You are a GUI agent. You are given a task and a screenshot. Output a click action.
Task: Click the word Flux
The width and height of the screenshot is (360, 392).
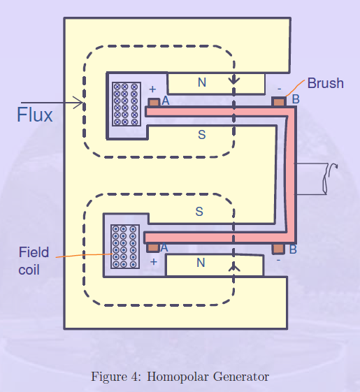point(34,115)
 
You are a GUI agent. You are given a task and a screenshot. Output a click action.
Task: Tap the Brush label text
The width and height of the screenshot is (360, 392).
point(325,83)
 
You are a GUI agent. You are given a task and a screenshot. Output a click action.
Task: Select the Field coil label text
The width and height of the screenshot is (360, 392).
point(34,260)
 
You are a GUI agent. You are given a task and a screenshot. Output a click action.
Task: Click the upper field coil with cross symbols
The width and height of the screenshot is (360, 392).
point(126,103)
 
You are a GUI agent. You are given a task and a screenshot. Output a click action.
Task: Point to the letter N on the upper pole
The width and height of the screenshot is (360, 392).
point(201,83)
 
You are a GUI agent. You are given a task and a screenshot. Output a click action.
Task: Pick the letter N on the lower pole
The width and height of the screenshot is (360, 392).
point(201,263)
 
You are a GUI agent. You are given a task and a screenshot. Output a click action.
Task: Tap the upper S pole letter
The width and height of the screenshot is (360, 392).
point(201,134)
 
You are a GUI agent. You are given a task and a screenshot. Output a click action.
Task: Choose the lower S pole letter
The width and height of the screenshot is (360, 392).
point(199,211)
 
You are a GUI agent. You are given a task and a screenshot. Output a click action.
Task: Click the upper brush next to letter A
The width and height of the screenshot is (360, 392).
point(153,102)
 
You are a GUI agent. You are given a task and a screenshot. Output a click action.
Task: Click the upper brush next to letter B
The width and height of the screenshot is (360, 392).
point(279,102)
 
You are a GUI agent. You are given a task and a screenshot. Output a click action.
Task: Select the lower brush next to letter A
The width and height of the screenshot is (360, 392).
point(153,247)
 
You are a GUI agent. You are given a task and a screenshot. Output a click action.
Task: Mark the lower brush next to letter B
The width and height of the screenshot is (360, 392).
point(278,248)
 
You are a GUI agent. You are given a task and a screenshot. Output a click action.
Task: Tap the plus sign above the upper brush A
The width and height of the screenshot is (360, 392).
point(152,89)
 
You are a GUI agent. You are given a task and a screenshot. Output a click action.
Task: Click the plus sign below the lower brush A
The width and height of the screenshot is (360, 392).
point(153,262)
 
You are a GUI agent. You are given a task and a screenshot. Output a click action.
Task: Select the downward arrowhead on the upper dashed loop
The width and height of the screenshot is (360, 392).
point(234,81)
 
